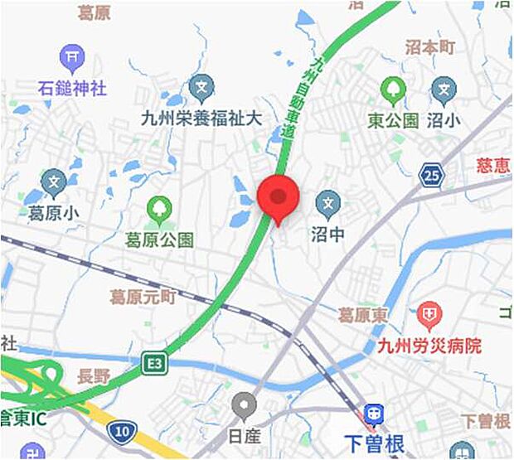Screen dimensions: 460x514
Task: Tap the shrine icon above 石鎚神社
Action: (73, 58)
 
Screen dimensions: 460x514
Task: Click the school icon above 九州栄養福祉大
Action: (201, 87)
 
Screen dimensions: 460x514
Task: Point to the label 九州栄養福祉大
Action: (201, 118)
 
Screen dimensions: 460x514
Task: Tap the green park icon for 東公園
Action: (392, 90)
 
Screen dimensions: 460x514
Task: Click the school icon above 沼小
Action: (444, 90)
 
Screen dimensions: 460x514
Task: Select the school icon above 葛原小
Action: (54, 181)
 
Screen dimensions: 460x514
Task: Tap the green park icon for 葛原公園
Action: (158, 208)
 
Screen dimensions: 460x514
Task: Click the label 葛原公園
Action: (159, 240)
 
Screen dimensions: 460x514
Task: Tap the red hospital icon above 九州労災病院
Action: (429, 314)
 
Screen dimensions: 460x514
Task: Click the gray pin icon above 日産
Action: (243, 406)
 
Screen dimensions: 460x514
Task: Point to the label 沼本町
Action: (430, 48)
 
